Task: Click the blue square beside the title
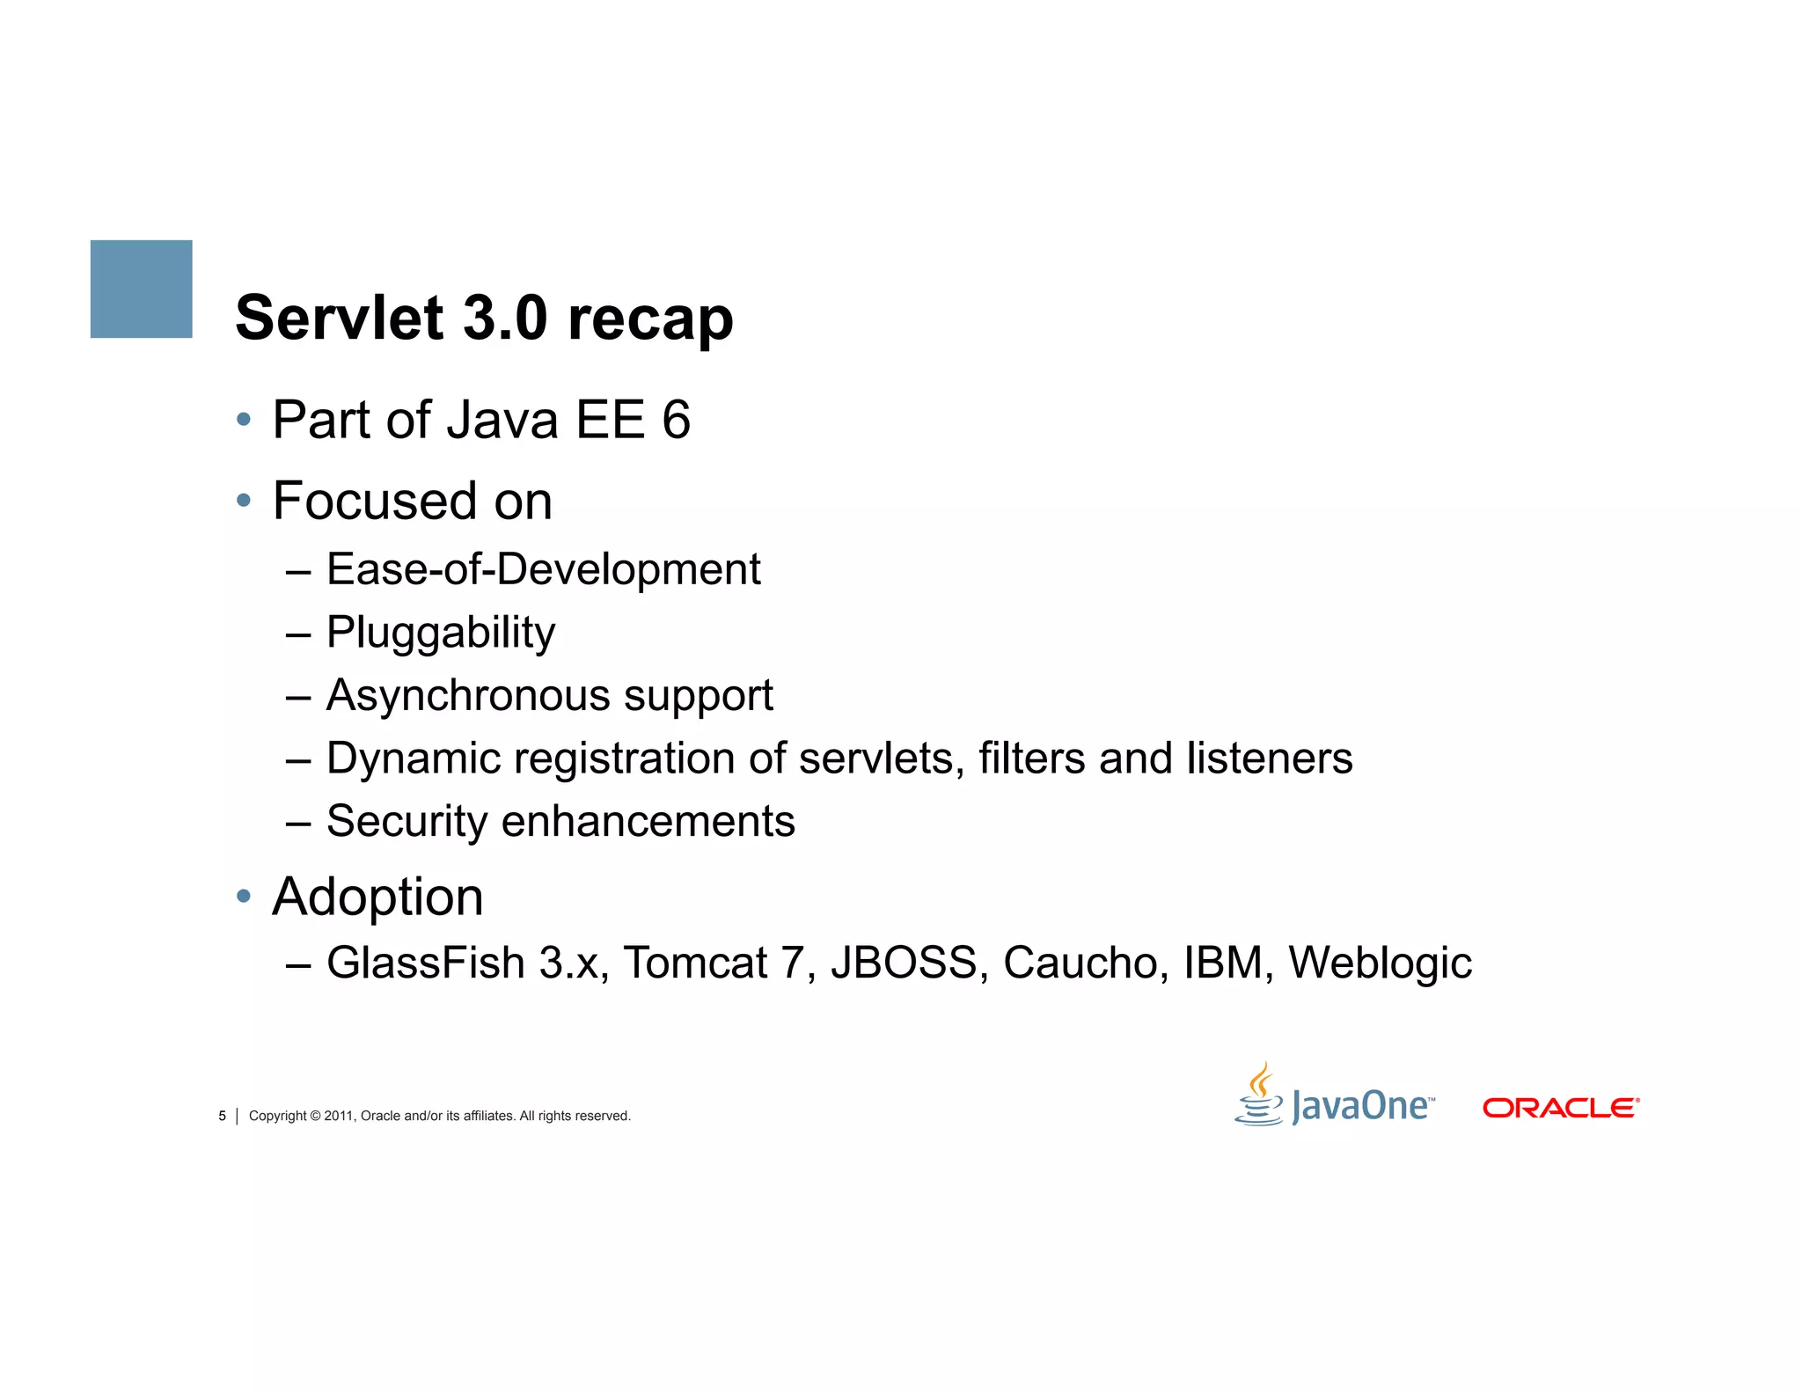(x=141, y=289)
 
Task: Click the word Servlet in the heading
(x=340, y=318)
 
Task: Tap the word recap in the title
(x=650, y=319)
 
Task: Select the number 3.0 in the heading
(x=505, y=318)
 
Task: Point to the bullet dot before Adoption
(x=244, y=897)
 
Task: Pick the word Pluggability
(x=441, y=633)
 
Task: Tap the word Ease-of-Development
(x=543, y=569)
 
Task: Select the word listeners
(x=1269, y=758)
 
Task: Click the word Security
(x=407, y=822)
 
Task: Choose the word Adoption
(x=377, y=897)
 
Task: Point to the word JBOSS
(x=904, y=963)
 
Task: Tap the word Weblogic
(x=1380, y=963)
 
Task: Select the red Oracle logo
(x=1560, y=1108)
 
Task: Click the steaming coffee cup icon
(x=1259, y=1095)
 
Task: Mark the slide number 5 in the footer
(x=222, y=1116)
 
